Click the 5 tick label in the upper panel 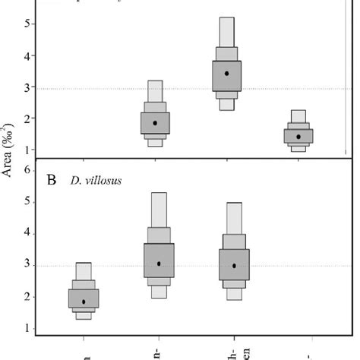(x=27, y=24)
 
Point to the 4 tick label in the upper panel (x=27, y=55)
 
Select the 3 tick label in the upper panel (x=27, y=88)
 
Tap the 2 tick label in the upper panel (x=27, y=119)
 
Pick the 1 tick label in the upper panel (x=27, y=150)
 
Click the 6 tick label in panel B (x=27, y=170)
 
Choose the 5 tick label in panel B (x=27, y=202)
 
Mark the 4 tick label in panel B (x=27, y=234)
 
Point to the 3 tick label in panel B (x=27, y=266)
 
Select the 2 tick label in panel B (x=27, y=297)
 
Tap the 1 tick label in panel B (x=27, y=329)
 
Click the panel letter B (x=52, y=182)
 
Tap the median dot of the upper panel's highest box (x=227, y=74)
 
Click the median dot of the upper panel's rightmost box (x=298, y=137)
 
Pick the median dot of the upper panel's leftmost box (x=155, y=123)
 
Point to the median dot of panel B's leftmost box (x=84, y=302)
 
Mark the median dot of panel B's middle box (x=159, y=264)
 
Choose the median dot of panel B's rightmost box (x=234, y=266)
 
